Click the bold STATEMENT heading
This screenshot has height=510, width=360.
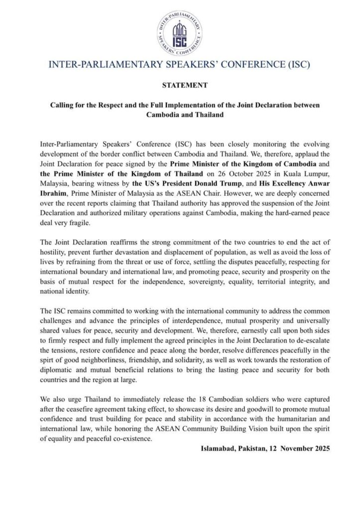coord(180,86)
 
